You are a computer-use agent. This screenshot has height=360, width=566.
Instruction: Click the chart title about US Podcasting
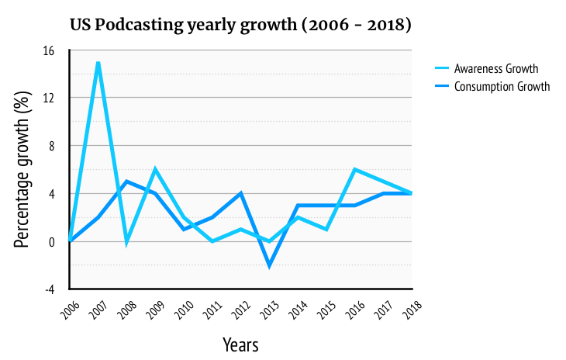[x=240, y=26]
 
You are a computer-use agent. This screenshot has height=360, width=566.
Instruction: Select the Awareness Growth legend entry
[x=496, y=68]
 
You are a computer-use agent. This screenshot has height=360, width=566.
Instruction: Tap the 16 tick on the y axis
[x=48, y=50]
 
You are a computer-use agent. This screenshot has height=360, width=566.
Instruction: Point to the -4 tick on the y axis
[x=48, y=289]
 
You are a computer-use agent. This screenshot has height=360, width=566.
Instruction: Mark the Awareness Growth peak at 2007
[x=98, y=62]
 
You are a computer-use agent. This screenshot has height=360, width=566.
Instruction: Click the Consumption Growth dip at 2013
[x=269, y=265]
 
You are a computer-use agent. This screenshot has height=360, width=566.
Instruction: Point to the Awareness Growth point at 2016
[x=354, y=170]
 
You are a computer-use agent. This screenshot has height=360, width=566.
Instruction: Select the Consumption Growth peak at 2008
[x=127, y=182]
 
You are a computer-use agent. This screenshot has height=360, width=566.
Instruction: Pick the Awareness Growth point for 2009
[x=155, y=170]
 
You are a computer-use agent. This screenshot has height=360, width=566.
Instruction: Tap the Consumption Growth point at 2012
[x=240, y=193]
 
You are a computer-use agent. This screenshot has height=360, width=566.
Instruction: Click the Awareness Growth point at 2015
[x=326, y=230]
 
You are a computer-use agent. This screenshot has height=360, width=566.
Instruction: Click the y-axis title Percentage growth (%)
[x=22, y=170]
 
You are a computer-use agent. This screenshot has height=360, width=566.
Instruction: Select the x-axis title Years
[x=240, y=344]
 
